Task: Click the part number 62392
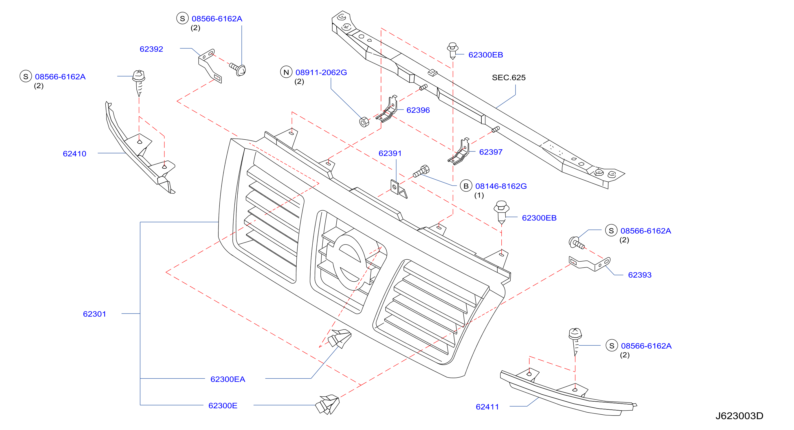[151, 49]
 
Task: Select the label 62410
[74, 154]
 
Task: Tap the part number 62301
[94, 314]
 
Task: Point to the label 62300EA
[228, 379]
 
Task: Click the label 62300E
[223, 406]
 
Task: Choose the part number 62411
[487, 407]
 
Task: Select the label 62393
[640, 275]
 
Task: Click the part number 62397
[491, 152]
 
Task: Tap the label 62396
[418, 110]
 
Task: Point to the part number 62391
[390, 153]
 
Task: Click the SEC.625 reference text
[509, 77]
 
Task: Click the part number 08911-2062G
[321, 72]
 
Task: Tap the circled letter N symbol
[286, 72]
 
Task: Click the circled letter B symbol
[466, 186]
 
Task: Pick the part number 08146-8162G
[501, 186]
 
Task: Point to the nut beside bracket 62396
[364, 122]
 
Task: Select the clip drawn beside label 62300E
[327, 405]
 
